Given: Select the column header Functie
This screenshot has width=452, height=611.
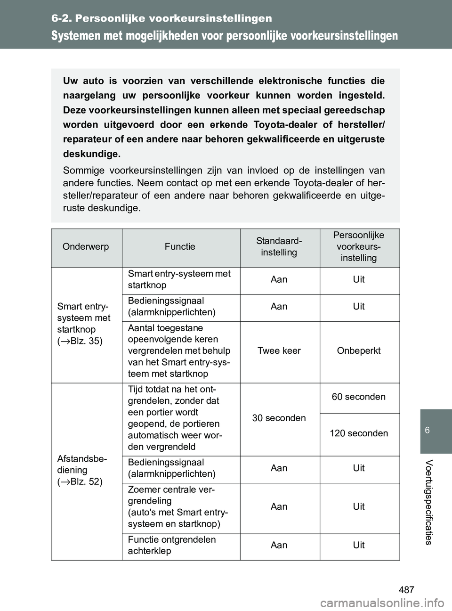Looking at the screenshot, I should (180, 247).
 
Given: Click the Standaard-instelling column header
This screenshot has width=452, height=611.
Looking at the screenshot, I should (279, 247).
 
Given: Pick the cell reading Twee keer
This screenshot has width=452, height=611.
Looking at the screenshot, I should (279, 351).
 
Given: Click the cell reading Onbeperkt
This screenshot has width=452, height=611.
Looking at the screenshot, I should (359, 351).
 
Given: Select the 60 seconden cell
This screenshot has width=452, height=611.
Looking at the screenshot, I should (359, 397).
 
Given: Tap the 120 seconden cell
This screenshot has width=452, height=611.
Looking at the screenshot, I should (359, 433).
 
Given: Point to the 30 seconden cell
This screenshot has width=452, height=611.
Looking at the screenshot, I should (279, 418).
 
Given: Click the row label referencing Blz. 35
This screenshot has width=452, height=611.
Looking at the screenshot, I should (84, 324).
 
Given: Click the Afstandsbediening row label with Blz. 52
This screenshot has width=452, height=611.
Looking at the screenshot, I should (80, 470).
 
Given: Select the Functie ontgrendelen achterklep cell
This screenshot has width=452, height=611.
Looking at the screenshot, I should (172, 546).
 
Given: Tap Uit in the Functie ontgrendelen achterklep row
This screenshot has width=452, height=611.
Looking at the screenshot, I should (359, 545).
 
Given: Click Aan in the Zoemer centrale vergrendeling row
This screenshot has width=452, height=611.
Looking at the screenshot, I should (279, 506).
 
